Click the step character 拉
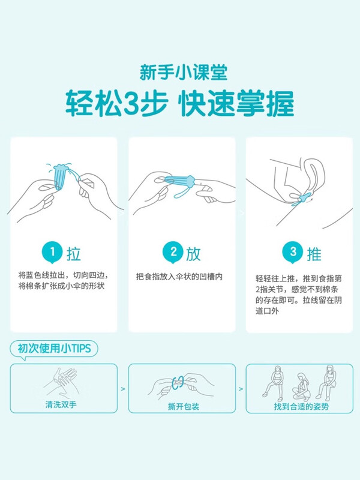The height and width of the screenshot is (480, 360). (x=74, y=253)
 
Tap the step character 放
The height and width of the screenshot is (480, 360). (x=193, y=253)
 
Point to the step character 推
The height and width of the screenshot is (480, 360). (x=313, y=253)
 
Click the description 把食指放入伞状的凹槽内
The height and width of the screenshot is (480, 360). (x=179, y=277)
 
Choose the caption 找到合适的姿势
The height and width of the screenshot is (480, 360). (x=298, y=406)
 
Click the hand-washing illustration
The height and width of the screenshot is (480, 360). (x=61, y=382)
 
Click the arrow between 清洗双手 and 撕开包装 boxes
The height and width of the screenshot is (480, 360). (x=123, y=389)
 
